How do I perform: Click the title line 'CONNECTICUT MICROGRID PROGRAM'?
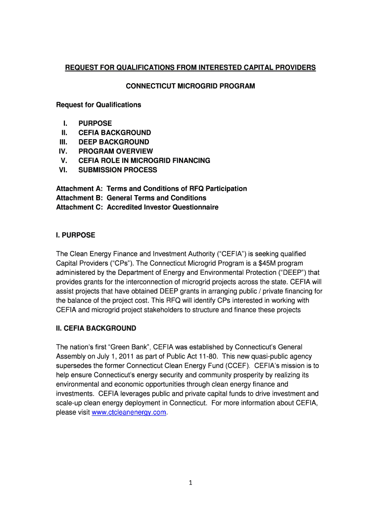point(190,86)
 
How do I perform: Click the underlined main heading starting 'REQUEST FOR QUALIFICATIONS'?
point(190,67)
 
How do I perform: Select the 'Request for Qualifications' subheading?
point(98,105)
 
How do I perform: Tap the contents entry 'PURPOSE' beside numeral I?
point(95,123)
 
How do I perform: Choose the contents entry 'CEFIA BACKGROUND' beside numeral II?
point(114,133)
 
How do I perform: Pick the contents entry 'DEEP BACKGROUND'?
point(113,142)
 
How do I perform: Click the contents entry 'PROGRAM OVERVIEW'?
point(115,152)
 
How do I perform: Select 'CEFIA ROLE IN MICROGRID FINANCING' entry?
point(144,161)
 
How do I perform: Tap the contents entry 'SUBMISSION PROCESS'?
point(118,170)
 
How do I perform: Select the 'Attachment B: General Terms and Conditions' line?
point(131,198)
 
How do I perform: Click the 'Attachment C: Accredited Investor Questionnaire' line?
point(137,207)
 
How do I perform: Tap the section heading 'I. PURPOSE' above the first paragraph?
point(75,235)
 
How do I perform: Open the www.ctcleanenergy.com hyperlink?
point(129,412)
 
